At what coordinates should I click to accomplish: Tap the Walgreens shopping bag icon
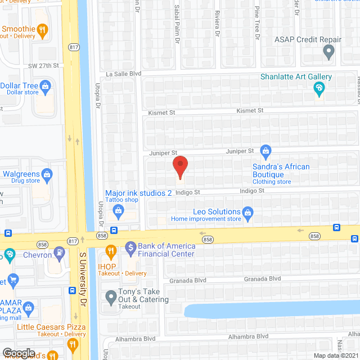[x=47, y=174]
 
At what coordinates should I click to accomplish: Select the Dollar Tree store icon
[x=47, y=85]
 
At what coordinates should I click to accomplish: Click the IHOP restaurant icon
[x=111, y=250]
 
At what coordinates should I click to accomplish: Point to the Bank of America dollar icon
[x=130, y=246]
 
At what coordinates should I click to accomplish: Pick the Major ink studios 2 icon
[x=118, y=210]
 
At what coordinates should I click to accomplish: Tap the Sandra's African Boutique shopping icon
[x=265, y=150]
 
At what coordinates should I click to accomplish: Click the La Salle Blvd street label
[x=123, y=74]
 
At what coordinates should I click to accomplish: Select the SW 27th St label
[x=44, y=66]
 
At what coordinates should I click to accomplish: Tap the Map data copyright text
[x=335, y=355]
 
